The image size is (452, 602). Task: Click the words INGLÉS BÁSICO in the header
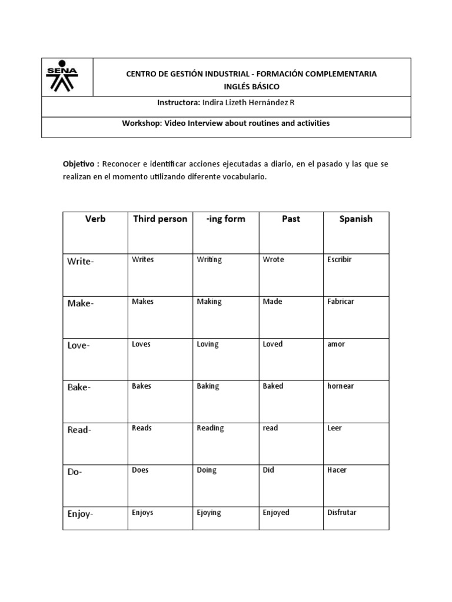pyautogui.click(x=251, y=86)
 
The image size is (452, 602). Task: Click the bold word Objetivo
pyautogui.click(x=80, y=163)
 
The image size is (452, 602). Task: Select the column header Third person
pyautogui.click(x=160, y=219)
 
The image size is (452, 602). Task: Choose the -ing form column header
pyautogui.click(x=225, y=219)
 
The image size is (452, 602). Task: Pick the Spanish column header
pyautogui.click(x=355, y=219)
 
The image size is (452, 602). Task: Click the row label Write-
pyautogui.click(x=81, y=262)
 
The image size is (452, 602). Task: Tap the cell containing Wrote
pyautogui.click(x=273, y=259)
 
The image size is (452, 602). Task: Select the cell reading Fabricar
pyautogui.click(x=340, y=302)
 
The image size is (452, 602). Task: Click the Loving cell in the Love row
pyautogui.click(x=207, y=344)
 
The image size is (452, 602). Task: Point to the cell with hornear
pyautogui.click(x=340, y=386)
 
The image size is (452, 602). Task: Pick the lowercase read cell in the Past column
pyautogui.click(x=270, y=428)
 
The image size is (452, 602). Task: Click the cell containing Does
pyautogui.click(x=141, y=470)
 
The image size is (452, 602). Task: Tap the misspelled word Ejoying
pyautogui.click(x=209, y=513)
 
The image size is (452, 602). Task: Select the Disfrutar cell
pyautogui.click(x=342, y=513)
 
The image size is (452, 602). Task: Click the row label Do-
pyautogui.click(x=75, y=473)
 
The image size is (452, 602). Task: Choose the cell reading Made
pyautogui.click(x=272, y=302)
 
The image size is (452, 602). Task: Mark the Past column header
pyautogui.click(x=291, y=219)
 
